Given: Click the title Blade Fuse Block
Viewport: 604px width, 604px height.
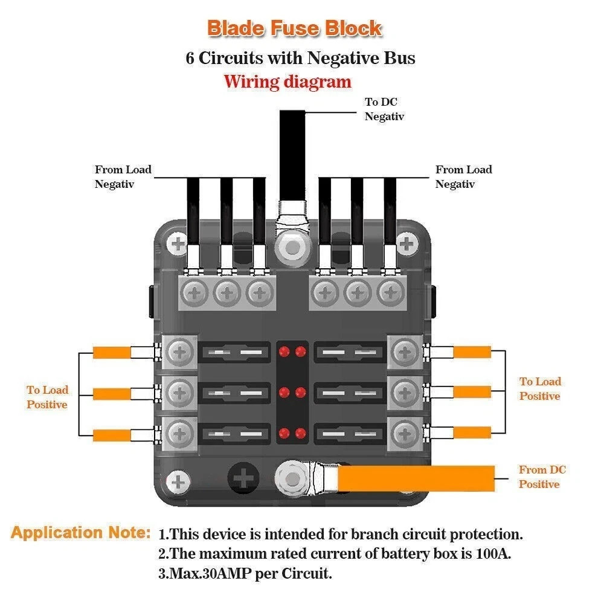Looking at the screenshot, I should [x=294, y=28].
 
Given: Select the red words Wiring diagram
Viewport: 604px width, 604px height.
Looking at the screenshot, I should [x=288, y=82].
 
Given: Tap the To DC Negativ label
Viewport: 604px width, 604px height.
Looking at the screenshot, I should [x=384, y=109].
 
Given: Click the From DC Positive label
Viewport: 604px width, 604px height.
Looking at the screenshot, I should [x=542, y=477].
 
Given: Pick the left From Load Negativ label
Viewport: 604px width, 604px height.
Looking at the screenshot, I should [x=123, y=177].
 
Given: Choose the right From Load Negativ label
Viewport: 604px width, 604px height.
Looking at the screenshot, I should [x=463, y=177].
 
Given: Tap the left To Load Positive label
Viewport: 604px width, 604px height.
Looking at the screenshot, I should [x=47, y=397].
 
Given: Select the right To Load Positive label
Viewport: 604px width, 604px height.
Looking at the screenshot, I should [x=540, y=389].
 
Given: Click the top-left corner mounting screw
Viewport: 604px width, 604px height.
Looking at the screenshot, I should [x=179, y=245].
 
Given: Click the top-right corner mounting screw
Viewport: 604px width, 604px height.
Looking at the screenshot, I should [x=409, y=245].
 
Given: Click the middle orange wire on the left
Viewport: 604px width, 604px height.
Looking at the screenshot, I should [x=111, y=394].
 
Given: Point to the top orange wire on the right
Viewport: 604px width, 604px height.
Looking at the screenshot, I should [x=472, y=352].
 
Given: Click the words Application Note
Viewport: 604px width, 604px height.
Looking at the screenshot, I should [x=80, y=533].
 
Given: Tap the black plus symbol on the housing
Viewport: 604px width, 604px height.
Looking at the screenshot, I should [x=245, y=479].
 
